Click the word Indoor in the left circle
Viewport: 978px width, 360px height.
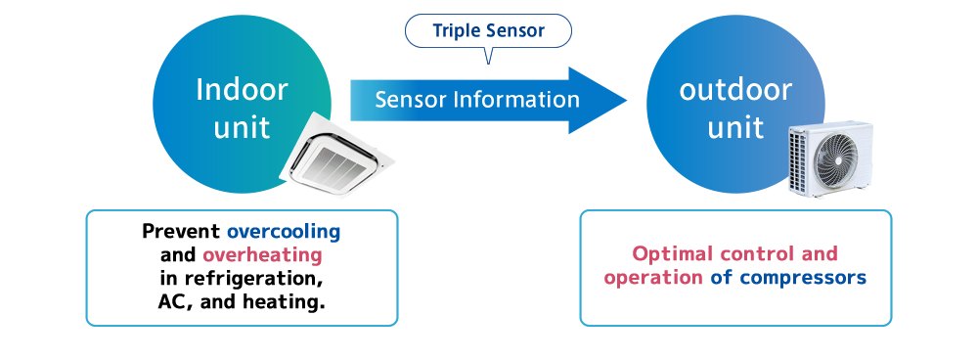[242, 90]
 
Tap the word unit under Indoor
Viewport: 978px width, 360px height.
[242, 127]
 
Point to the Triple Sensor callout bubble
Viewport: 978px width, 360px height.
[488, 31]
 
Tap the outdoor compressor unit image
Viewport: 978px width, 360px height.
[829, 158]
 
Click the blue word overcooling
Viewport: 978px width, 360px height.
[284, 233]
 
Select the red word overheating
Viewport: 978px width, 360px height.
[262, 255]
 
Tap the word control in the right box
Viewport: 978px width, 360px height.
[757, 254]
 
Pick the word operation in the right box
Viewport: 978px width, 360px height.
[651, 278]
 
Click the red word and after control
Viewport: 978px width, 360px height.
[820, 254]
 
